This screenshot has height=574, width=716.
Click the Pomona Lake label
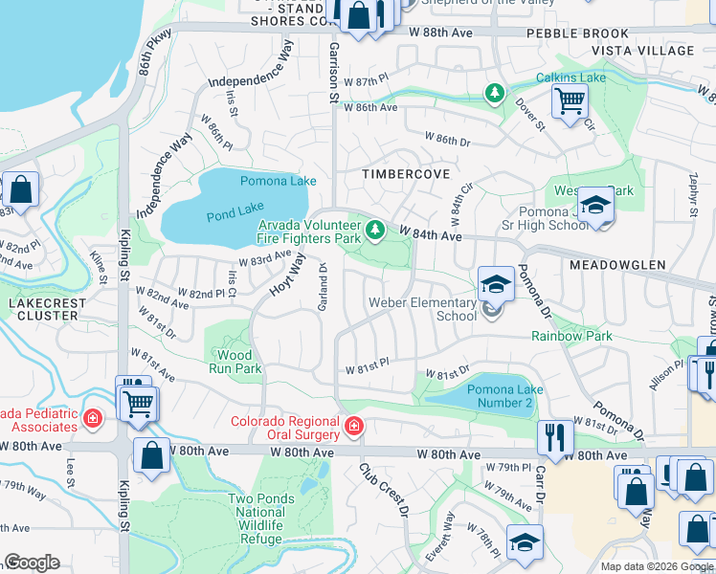coord(278,181)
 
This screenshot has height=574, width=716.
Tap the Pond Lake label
coord(235,216)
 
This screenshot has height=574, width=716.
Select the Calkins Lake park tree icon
coord(495,94)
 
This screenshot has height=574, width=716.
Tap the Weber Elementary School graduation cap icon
coord(495,282)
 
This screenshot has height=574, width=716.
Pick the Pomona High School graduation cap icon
coord(595,206)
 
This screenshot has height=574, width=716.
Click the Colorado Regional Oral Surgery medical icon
coord(353,425)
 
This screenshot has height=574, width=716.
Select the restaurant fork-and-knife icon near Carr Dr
coord(554,436)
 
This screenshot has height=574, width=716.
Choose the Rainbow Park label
coord(571,336)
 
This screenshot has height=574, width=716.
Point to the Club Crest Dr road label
coord(384,493)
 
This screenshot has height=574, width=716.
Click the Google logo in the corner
coord(32,563)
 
